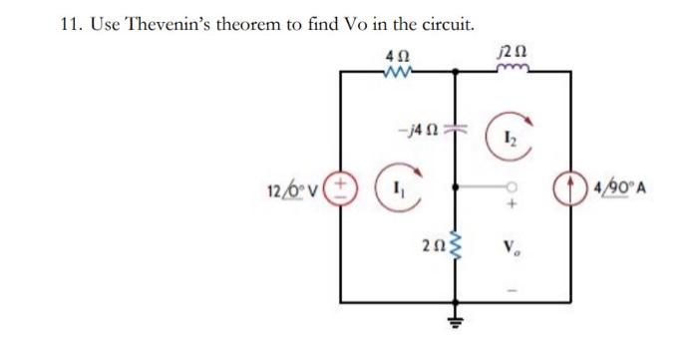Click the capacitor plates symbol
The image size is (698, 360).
(x=458, y=130)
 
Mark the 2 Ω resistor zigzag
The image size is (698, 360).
(x=458, y=245)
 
